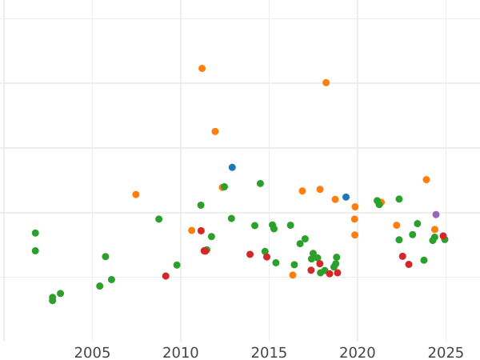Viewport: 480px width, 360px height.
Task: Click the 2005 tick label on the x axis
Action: click(92, 353)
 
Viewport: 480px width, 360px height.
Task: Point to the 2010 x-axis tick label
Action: click(181, 353)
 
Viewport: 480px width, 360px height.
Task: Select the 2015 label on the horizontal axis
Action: click(269, 353)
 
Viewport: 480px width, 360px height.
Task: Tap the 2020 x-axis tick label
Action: click(358, 353)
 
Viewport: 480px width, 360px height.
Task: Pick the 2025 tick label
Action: click(446, 353)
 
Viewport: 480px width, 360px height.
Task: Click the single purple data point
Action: click(436, 214)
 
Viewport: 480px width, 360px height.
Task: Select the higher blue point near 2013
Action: click(232, 167)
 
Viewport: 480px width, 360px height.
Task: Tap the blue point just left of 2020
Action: click(346, 197)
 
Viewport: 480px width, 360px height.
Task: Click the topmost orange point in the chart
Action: click(202, 69)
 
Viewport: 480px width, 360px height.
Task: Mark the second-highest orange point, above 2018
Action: click(326, 82)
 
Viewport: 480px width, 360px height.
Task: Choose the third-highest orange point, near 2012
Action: click(215, 131)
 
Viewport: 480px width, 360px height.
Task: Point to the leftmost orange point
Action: click(136, 194)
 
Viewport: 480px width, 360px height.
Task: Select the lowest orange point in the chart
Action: click(293, 275)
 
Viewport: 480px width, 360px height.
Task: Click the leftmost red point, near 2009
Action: click(166, 276)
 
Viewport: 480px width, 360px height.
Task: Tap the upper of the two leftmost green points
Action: click(35, 233)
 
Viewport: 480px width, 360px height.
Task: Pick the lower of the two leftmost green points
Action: click(35, 250)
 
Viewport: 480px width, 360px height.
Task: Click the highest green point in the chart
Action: click(260, 183)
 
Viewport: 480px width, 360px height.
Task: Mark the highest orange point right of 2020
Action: click(426, 180)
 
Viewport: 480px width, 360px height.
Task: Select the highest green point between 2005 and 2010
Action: click(158, 219)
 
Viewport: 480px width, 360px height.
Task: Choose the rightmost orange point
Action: click(434, 230)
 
